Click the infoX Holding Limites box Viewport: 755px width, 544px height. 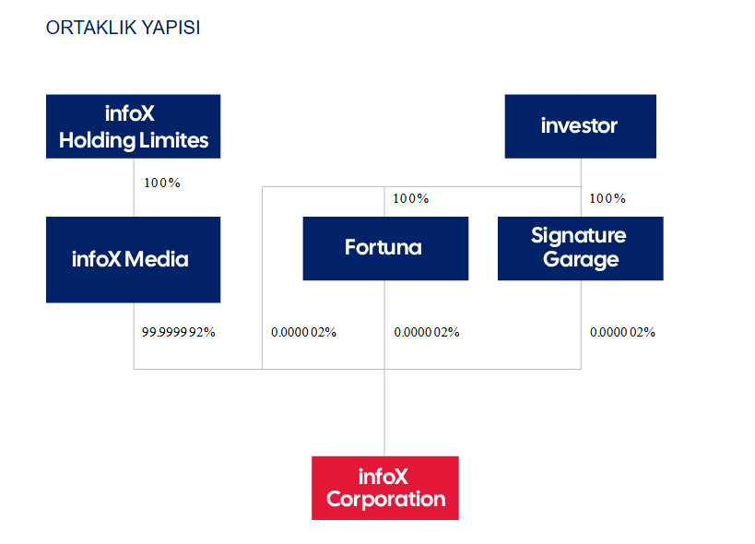coord(134,126)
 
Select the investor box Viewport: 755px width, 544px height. coord(580,126)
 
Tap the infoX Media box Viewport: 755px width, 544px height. coord(134,259)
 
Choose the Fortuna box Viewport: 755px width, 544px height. coord(385,248)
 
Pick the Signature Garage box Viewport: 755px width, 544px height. coord(580,248)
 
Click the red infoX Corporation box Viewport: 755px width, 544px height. coord(385,488)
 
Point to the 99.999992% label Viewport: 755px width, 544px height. coord(178,332)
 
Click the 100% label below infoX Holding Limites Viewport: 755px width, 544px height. coord(162,183)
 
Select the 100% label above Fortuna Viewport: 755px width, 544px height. coord(411,198)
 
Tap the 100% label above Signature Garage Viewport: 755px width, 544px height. coord(608,198)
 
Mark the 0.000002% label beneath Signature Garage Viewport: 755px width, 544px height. coord(622,332)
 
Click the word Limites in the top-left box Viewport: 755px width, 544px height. coord(174,140)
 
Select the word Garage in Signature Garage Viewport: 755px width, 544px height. coord(581,260)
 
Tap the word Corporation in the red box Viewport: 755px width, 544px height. coord(385,500)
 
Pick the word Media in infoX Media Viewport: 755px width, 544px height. coord(157,259)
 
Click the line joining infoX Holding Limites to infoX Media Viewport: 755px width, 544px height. coord(134,187)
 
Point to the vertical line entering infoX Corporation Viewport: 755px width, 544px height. coord(384,412)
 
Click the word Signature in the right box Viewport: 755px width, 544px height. coord(579,236)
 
